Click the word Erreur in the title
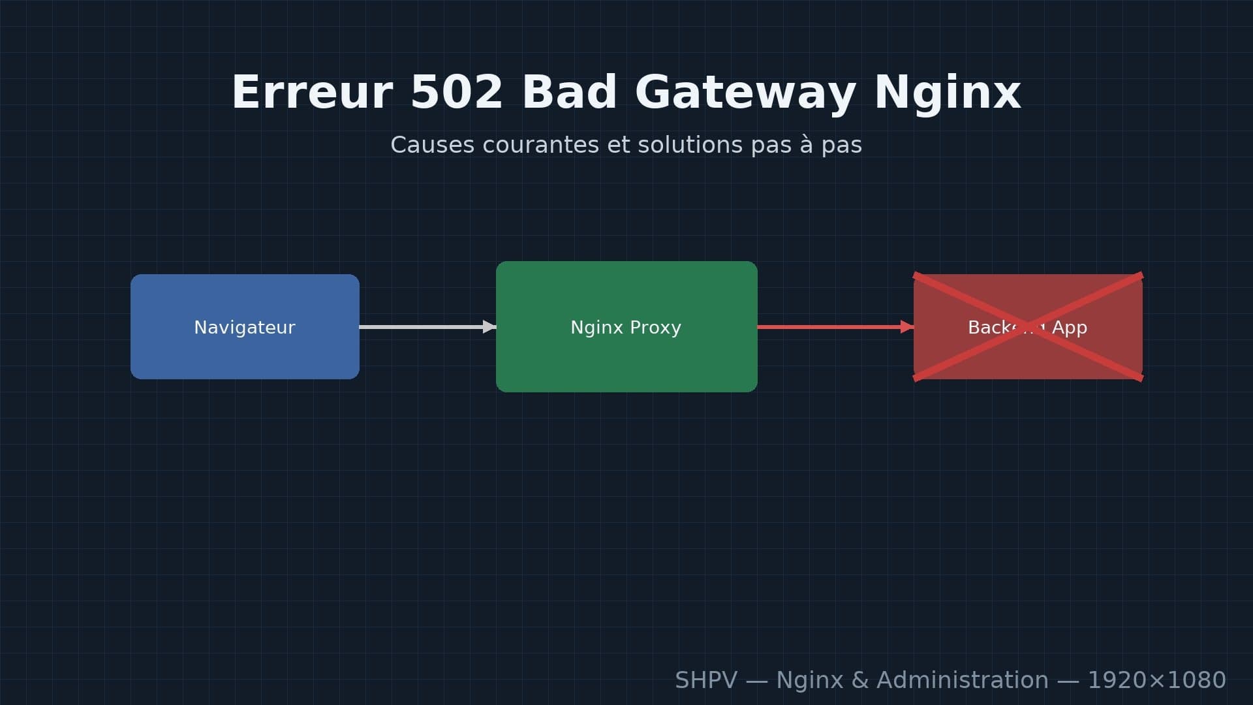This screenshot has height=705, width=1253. point(312,92)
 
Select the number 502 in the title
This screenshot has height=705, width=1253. point(456,92)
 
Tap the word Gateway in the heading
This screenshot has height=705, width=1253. point(745,92)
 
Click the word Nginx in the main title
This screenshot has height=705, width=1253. point(947,92)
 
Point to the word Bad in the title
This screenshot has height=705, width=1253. point(569,92)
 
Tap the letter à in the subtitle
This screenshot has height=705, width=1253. point(807,145)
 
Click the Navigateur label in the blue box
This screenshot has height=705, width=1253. point(245,327)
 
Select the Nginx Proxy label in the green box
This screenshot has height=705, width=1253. point(626,327)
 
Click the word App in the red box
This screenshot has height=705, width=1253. point(1069,327)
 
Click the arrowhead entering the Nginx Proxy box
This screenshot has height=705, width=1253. point(489,326)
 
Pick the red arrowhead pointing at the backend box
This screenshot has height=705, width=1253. point(906,326)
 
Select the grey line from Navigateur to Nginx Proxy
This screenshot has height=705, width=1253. point(421,326)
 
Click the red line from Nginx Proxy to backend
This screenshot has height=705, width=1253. point(829,326)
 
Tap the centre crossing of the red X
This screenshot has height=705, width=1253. point(1028,327)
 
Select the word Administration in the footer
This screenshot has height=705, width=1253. point(962,680)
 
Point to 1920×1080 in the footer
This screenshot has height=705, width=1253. point(1156,680)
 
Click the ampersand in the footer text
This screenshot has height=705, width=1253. point(860,680)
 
